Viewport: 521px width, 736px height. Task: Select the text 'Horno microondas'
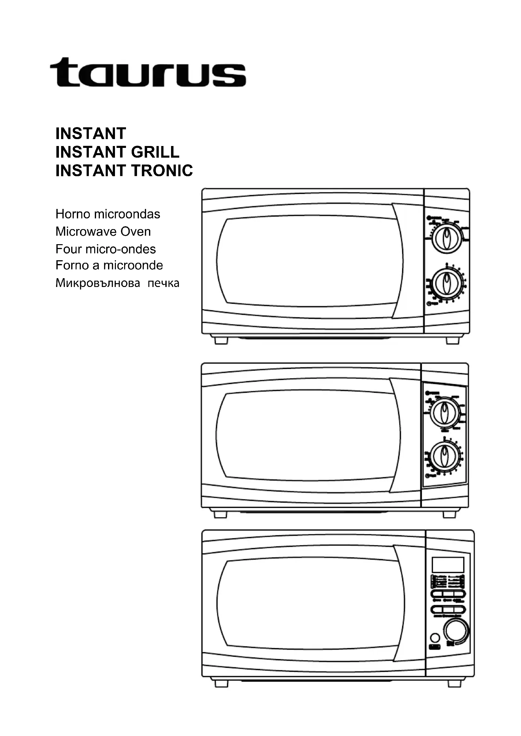point(108,214)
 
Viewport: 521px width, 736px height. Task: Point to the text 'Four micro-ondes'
point(106,249)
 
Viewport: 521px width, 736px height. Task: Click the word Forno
point(72,265)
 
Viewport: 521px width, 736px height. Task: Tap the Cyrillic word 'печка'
point(163,284)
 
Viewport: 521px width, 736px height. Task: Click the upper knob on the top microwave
point(446,239)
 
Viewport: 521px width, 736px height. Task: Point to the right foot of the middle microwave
point(449,514)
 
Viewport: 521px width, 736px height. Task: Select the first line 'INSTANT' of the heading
point(91,133)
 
